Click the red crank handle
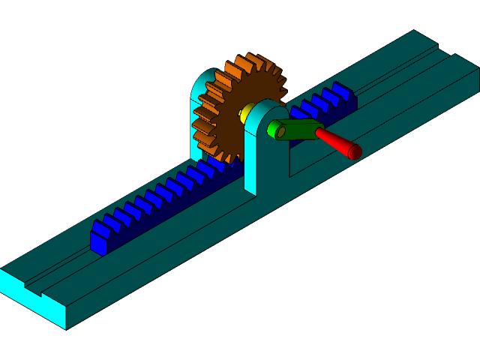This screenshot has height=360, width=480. coord(334,142)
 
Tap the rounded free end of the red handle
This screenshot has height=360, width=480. coord(355,152)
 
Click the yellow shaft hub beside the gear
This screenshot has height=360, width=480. coord(244,114)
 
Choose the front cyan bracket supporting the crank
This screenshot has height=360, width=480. coord(259,150)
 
